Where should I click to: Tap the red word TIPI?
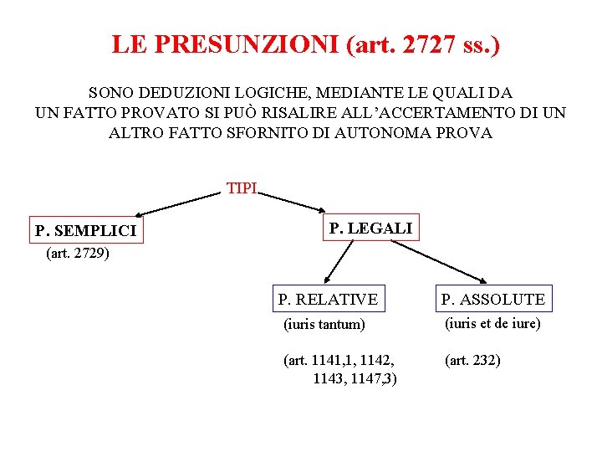(242, 188)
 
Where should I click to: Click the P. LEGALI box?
(370, 228)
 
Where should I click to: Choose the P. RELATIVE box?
(328, 299)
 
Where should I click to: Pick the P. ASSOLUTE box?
(493, 299)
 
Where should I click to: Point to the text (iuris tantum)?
(324, 324)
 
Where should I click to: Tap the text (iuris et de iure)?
(492, 323)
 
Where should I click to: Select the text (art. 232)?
(472, 361)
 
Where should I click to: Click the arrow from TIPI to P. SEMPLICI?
(177, 204)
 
